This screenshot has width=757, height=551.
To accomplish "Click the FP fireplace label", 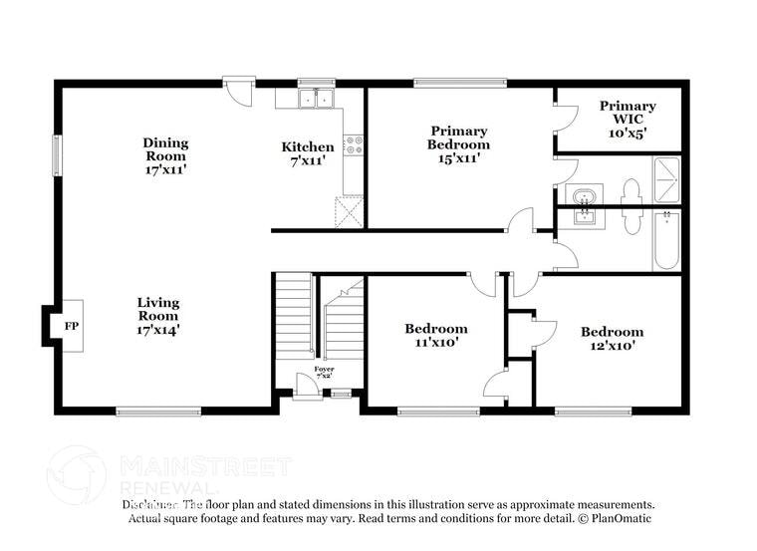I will click(x=71, y=326).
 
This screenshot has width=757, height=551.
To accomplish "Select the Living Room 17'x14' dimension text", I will click(x=158, y=329).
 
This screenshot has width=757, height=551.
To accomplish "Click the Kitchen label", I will click(x=308, y=147).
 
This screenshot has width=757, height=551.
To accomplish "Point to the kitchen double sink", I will click(x=317, y=98).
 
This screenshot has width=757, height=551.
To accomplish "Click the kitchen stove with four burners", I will click(x=353, y=145).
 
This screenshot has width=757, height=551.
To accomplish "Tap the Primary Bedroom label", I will click(x=459, y=131).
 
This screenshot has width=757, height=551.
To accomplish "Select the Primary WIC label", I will click(x=628, y=106).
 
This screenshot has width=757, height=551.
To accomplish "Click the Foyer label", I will click(x=324, y=370).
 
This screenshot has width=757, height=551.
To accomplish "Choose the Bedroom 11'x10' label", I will click(x=435, y=329).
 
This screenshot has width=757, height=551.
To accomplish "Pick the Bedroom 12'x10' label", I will click(x=612, y=332).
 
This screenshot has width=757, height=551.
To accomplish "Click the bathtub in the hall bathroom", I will click(x=666, y=240).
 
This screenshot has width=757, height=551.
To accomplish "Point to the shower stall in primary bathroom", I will click(x=666, y=180).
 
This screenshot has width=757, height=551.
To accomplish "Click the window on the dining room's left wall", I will click(x=57, y=154).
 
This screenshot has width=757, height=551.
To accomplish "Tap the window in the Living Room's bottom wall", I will click(x=158, y=410).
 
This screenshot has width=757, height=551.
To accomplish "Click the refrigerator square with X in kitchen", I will click(x=349, y=211).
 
